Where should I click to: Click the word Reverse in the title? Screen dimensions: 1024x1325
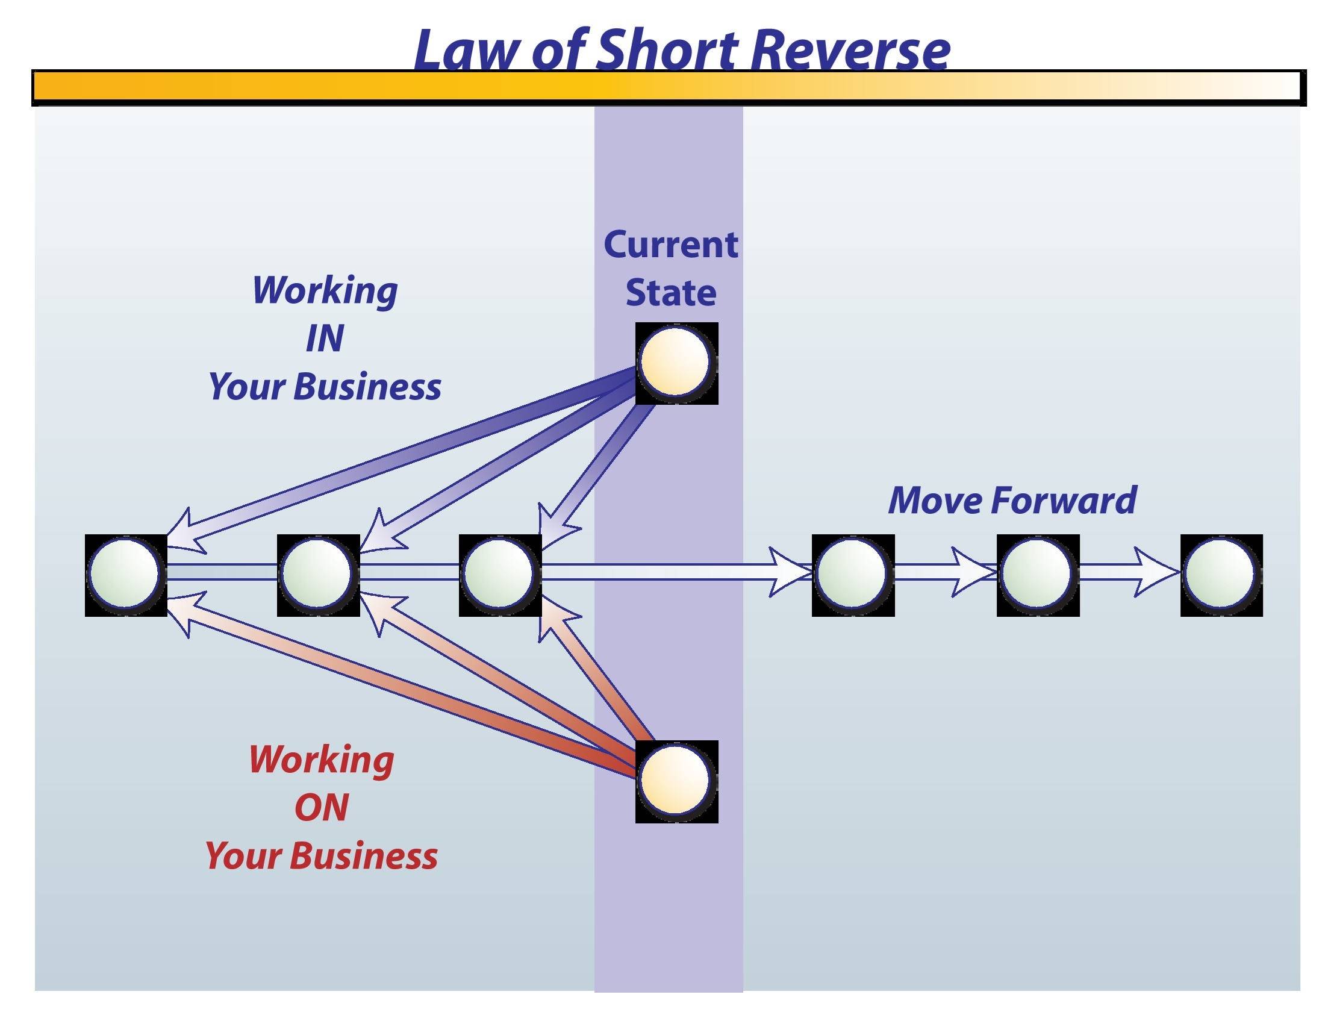tap(849, 50)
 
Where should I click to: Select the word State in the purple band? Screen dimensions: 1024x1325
tap(670, 293)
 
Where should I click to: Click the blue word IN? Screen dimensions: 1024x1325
tap(325, 339)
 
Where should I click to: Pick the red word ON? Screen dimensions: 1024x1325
tap(322, 807)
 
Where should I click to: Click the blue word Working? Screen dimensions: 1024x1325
tap(325, 291)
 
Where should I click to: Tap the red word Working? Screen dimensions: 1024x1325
tap(322, 760)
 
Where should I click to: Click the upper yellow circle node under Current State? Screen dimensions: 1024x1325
tap(675, 363)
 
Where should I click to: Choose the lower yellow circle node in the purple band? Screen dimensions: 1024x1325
tap(675, 781)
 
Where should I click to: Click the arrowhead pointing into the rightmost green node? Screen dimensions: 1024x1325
tap(1156, 573)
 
